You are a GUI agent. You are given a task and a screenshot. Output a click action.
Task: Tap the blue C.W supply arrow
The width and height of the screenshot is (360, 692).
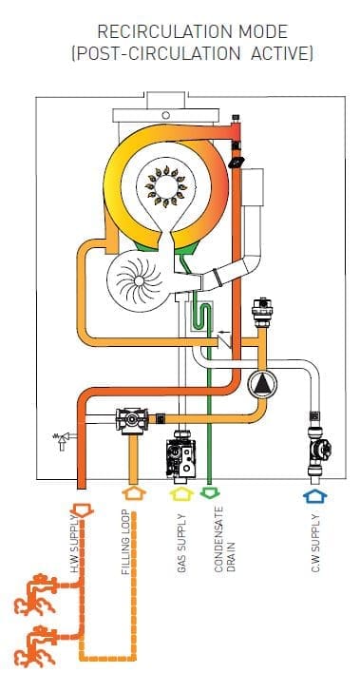pyautogui.click(x=313, y=494)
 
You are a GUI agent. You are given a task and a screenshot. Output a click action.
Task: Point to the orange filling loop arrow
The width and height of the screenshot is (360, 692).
pyautogui.click(x=131, y=494)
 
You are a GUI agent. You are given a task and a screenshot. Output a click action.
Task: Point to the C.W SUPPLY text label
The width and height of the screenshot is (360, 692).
pyautogui.click(x=315, y=549)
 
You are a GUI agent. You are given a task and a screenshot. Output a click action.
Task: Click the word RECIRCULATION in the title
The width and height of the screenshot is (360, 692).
pyautogui.click(x=155, y=32)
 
